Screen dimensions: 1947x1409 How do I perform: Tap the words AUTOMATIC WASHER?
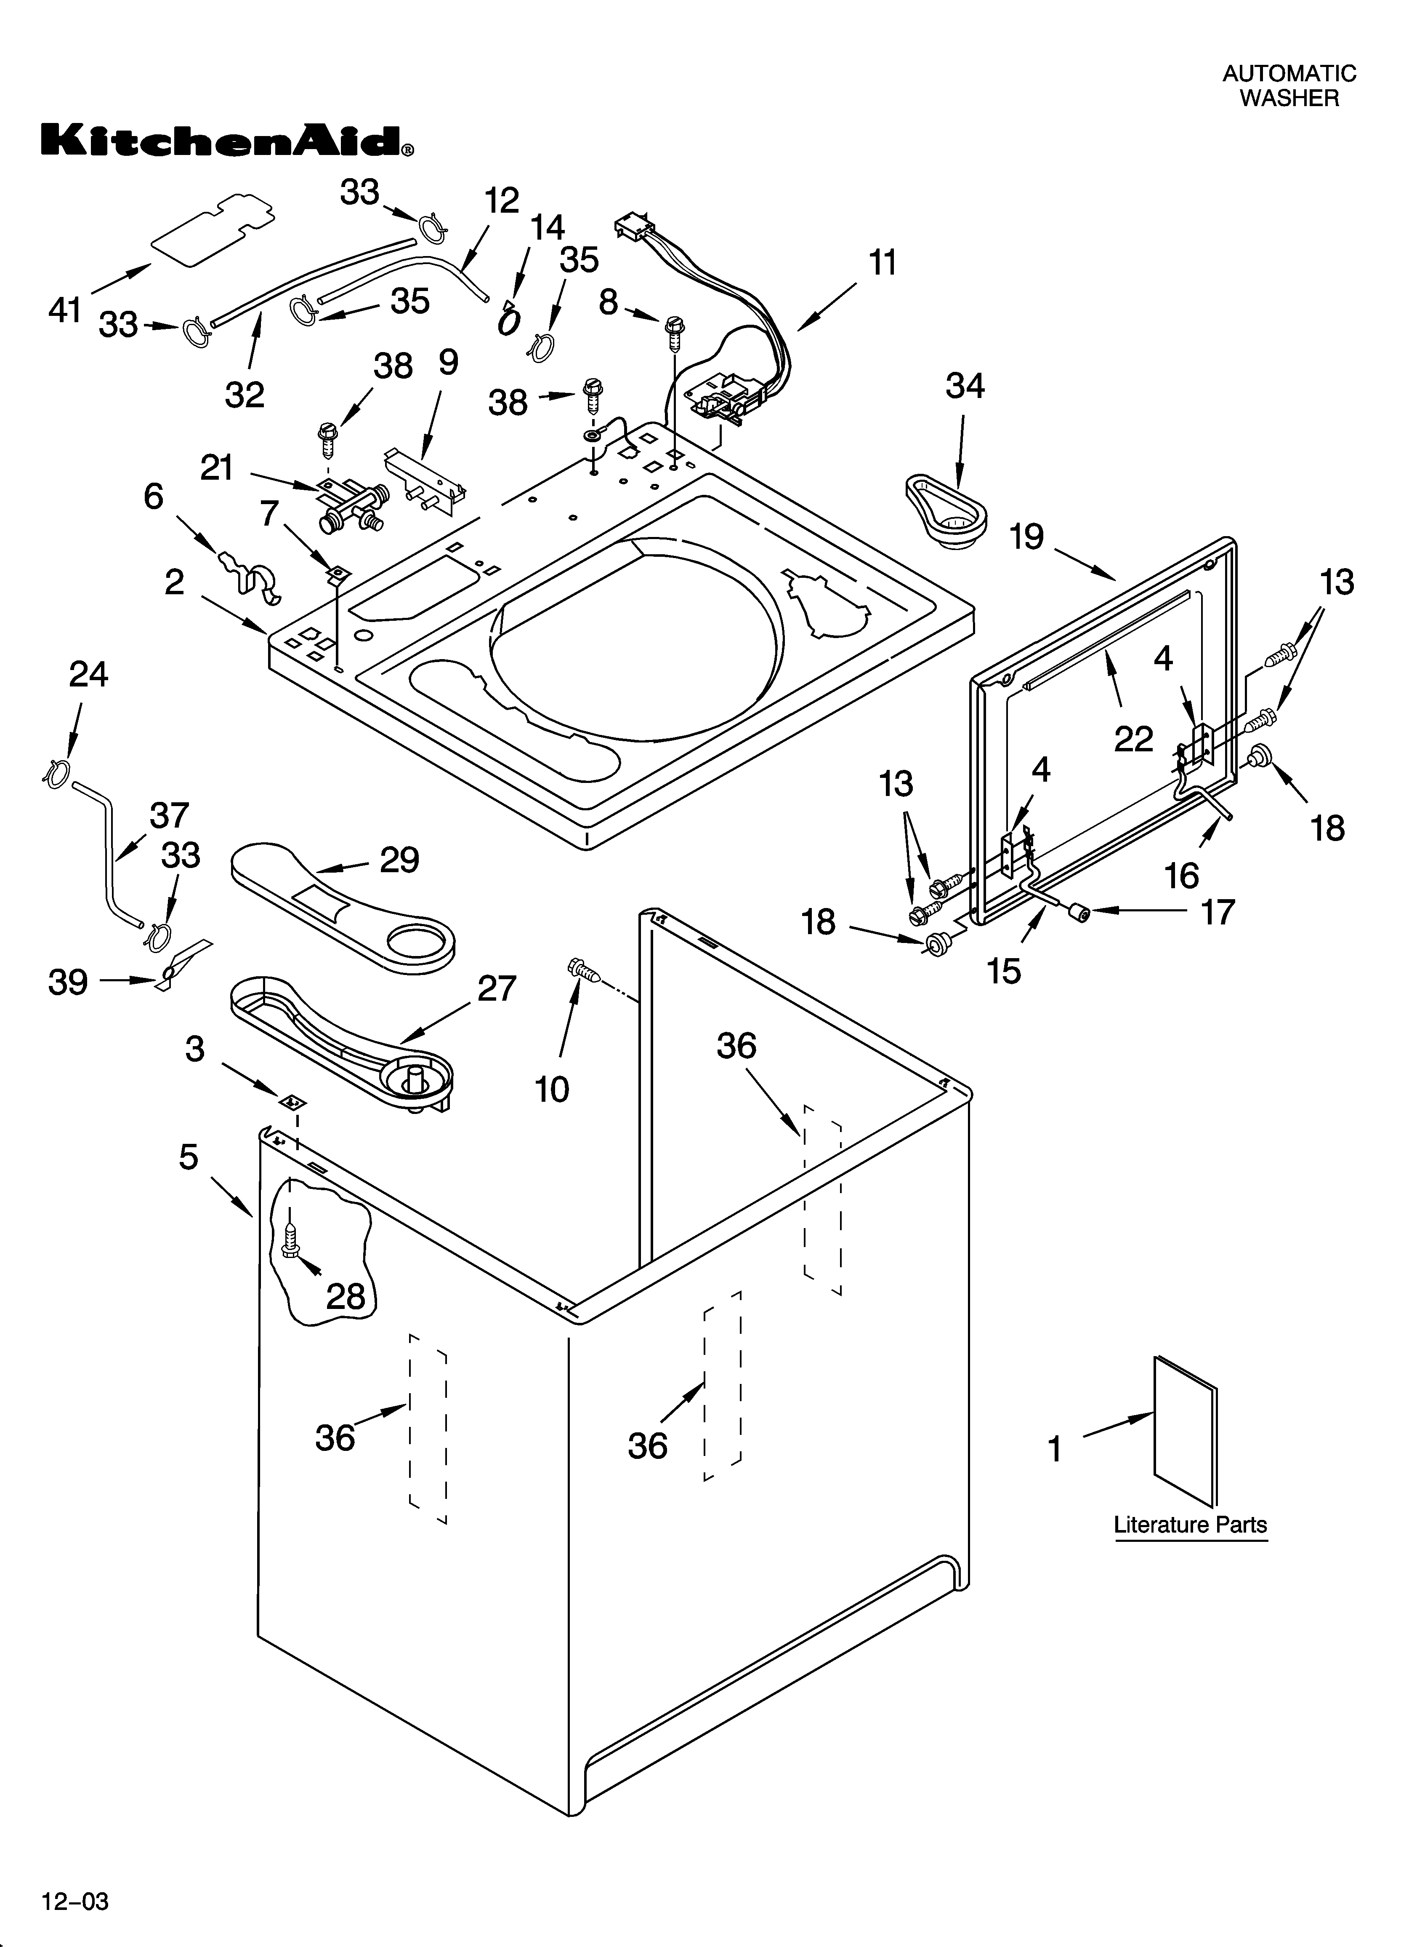(x=1289, y=86)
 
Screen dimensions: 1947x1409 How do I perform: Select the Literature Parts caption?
(x=1190, y=1525)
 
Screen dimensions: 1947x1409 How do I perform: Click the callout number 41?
(x=64, y=310)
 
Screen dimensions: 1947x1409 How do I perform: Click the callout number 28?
(x=346, y=1296)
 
